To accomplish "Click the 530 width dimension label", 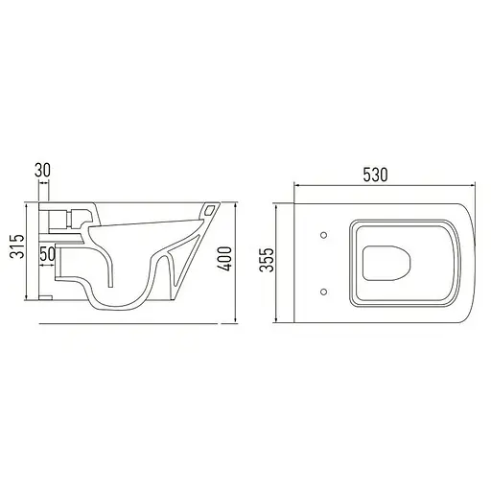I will tap(375, 175).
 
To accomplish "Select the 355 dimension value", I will tap(269, 259).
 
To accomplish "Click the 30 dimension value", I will tap(42, 170).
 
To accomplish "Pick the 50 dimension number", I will tap(45, 254).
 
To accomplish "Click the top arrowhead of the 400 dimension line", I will tap(236, 204).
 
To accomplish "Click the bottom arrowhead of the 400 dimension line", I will tap(236, 321).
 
